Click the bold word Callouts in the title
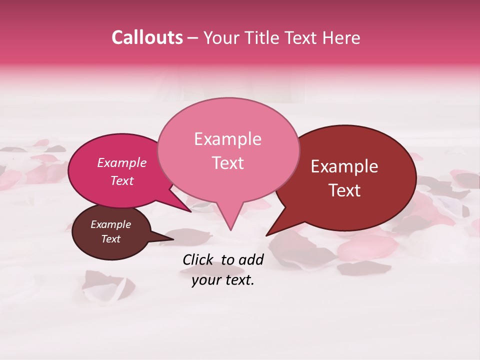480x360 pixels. click(x=147, y=38)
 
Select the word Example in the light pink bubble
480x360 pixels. click(x=227, y=139)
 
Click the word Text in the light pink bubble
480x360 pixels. click(x=227, y=163)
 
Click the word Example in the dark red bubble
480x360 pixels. click(x=344, y=166)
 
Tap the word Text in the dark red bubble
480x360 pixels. click(x=344, y=190)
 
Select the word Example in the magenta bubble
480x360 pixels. click(x=121, y=163)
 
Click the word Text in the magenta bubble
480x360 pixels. click(x=121, y=181)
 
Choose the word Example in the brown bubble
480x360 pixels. click(x=110, y=224)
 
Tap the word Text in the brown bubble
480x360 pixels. click(x=110, y=239)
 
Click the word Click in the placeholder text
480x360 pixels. click(x=198, y=259)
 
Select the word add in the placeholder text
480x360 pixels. click(x=251, y=259)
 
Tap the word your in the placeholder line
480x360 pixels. click(x=204, y=280)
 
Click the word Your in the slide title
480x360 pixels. click(x=222, y=38)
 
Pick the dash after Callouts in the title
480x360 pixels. click(x=193, y=38)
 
